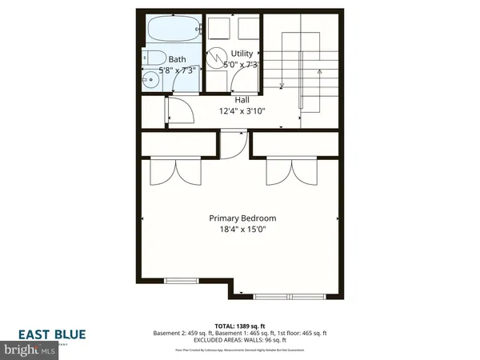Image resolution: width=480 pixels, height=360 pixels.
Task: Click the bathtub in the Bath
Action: [171, 30]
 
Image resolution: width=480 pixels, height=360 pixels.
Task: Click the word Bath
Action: [178, 59]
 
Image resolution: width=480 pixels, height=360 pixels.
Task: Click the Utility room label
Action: [242, 54]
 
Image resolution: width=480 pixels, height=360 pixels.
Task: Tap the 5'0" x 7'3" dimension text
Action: [242, 64]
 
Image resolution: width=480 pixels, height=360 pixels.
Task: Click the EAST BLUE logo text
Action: [54, 334]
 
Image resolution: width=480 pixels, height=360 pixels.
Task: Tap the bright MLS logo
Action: [28, 350]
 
